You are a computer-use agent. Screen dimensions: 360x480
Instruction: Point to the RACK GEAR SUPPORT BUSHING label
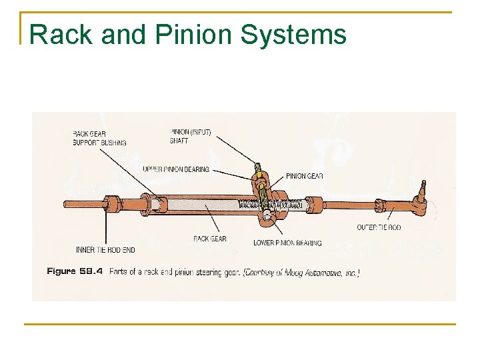tap(99, 138)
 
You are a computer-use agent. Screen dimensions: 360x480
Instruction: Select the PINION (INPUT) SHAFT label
tap(191, 136)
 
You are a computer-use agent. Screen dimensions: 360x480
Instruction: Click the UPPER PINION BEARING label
tap(176, 169)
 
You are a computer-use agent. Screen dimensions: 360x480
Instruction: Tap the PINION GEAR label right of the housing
tap(304, 176)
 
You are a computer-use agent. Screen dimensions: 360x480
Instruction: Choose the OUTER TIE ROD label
tap(379, 228)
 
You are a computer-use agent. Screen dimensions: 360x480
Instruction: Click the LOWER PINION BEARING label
tap(287, 243)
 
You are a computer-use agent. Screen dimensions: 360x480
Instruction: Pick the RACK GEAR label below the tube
tap(209, 239)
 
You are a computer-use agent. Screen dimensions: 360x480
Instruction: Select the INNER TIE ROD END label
tap(105, 250)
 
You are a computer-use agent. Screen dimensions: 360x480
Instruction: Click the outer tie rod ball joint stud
tap(421, 189)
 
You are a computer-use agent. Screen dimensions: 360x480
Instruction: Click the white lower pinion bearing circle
tap(267, 215)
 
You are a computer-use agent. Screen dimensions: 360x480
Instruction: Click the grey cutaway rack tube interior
tap(200, 205)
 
